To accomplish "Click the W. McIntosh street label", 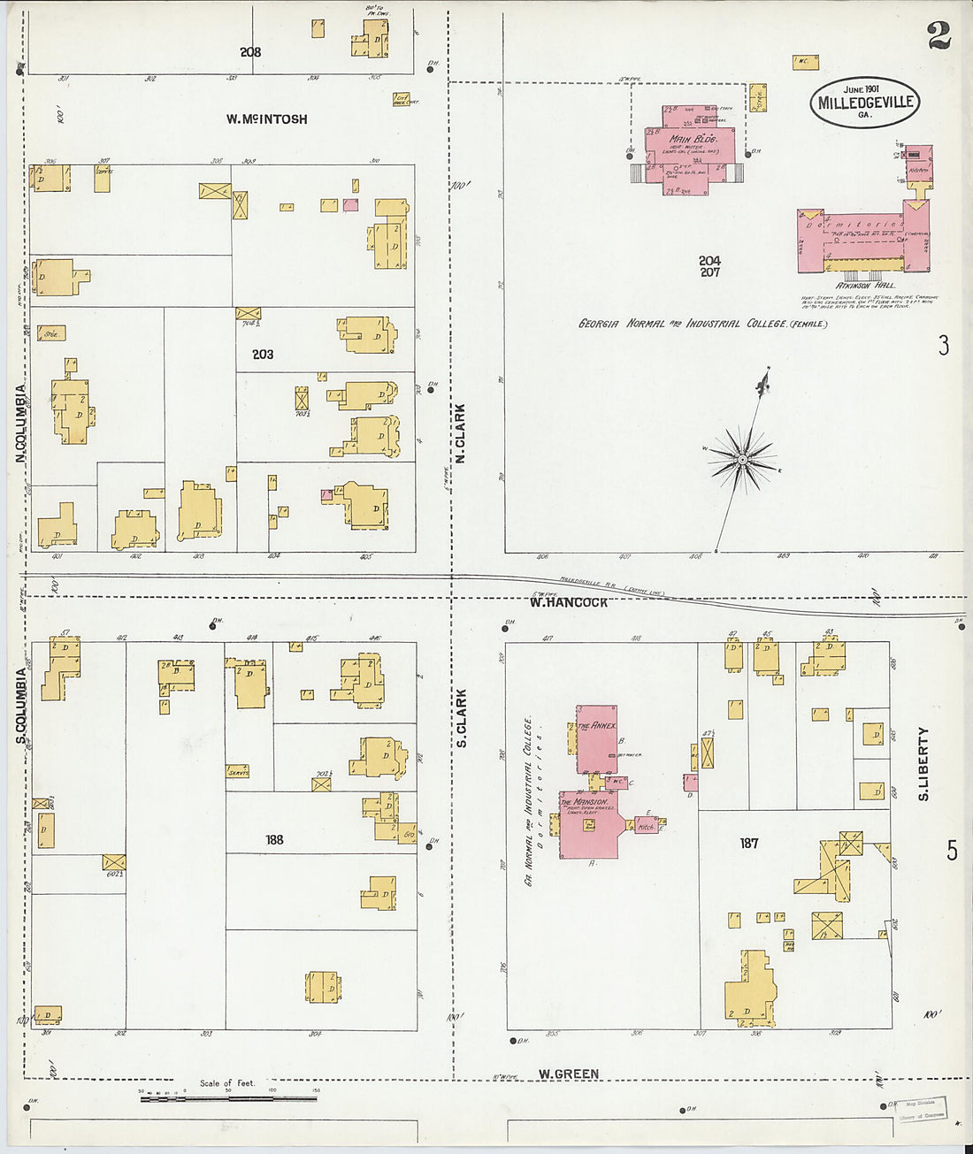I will [266, 118].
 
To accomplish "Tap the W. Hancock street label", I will [569, 602].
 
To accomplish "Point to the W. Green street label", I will [569, 1074].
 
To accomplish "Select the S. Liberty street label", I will [923, 764].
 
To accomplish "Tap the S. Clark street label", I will [461, 718].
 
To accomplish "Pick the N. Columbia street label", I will [19, 423].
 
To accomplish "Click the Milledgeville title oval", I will [864, 102].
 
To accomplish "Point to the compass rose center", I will [742, 459].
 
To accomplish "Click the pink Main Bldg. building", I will [690, 146].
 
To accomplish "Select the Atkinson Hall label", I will [865, 286].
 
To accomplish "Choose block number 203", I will [263, 354].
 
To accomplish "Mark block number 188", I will [274, 839].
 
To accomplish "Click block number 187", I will [749, 843].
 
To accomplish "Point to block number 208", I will [250, 52].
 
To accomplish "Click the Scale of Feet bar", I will [228, 1097].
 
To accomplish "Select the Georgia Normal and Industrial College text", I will [702, 324].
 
